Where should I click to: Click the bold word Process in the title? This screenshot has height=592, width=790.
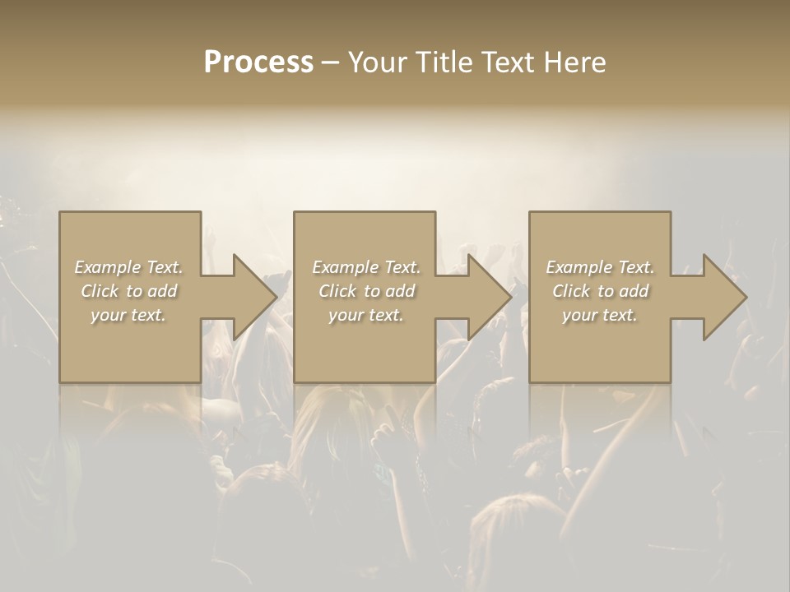point(258,62)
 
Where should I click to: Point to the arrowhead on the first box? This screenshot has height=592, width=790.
point(247,297)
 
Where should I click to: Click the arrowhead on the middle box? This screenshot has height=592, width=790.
point(482,297)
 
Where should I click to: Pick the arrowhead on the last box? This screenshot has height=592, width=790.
point(718,297)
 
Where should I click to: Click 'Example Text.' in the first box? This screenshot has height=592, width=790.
point(129,267)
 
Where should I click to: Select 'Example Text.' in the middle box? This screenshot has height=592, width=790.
point(366,267)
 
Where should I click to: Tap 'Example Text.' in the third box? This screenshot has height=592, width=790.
point(600,267)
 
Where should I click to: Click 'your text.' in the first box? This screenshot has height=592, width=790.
point(128,315)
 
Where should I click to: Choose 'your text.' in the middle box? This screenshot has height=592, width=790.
point(365,315)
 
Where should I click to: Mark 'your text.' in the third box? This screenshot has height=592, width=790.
point(599,315)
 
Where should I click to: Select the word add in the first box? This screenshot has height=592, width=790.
point(164,291)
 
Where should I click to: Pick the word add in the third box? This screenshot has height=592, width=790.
point(635,291)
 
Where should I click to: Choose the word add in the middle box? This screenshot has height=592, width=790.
point(402,291)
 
